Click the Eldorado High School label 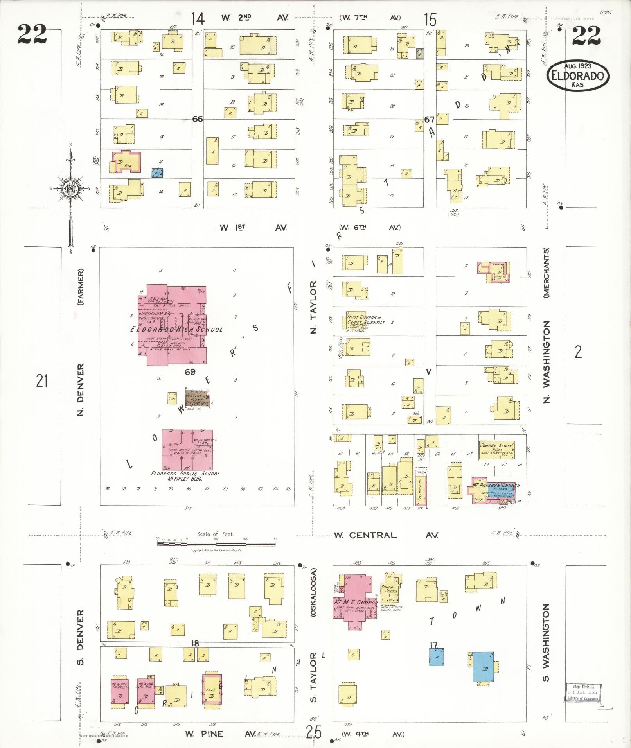point(176,329)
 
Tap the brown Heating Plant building point(198,398)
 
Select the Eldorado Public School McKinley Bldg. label point(185,476)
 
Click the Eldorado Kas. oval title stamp point(578,76)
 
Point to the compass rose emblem point(71,189)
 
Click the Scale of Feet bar point(216,544)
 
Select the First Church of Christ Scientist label point(366,319)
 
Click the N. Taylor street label point(314,307)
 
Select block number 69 point(190,372)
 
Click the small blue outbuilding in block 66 point(158,172)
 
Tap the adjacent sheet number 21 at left point(42,380)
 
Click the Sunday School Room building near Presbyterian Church point(497,450)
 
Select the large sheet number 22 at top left point(32,34)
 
